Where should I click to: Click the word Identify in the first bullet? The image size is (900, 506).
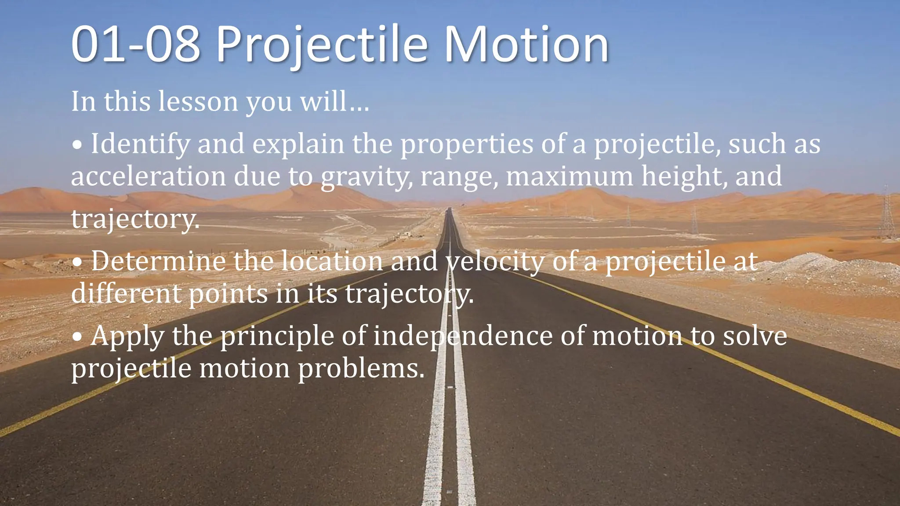click(140, 145)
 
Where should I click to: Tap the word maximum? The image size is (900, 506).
click(570, 177)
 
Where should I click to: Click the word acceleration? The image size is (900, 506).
click(149, 177)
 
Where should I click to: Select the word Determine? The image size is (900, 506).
click(158, 261)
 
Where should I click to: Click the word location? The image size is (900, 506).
click(332, 261)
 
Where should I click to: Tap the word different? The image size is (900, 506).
click(126, 293)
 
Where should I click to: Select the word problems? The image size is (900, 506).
click(361, 369)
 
